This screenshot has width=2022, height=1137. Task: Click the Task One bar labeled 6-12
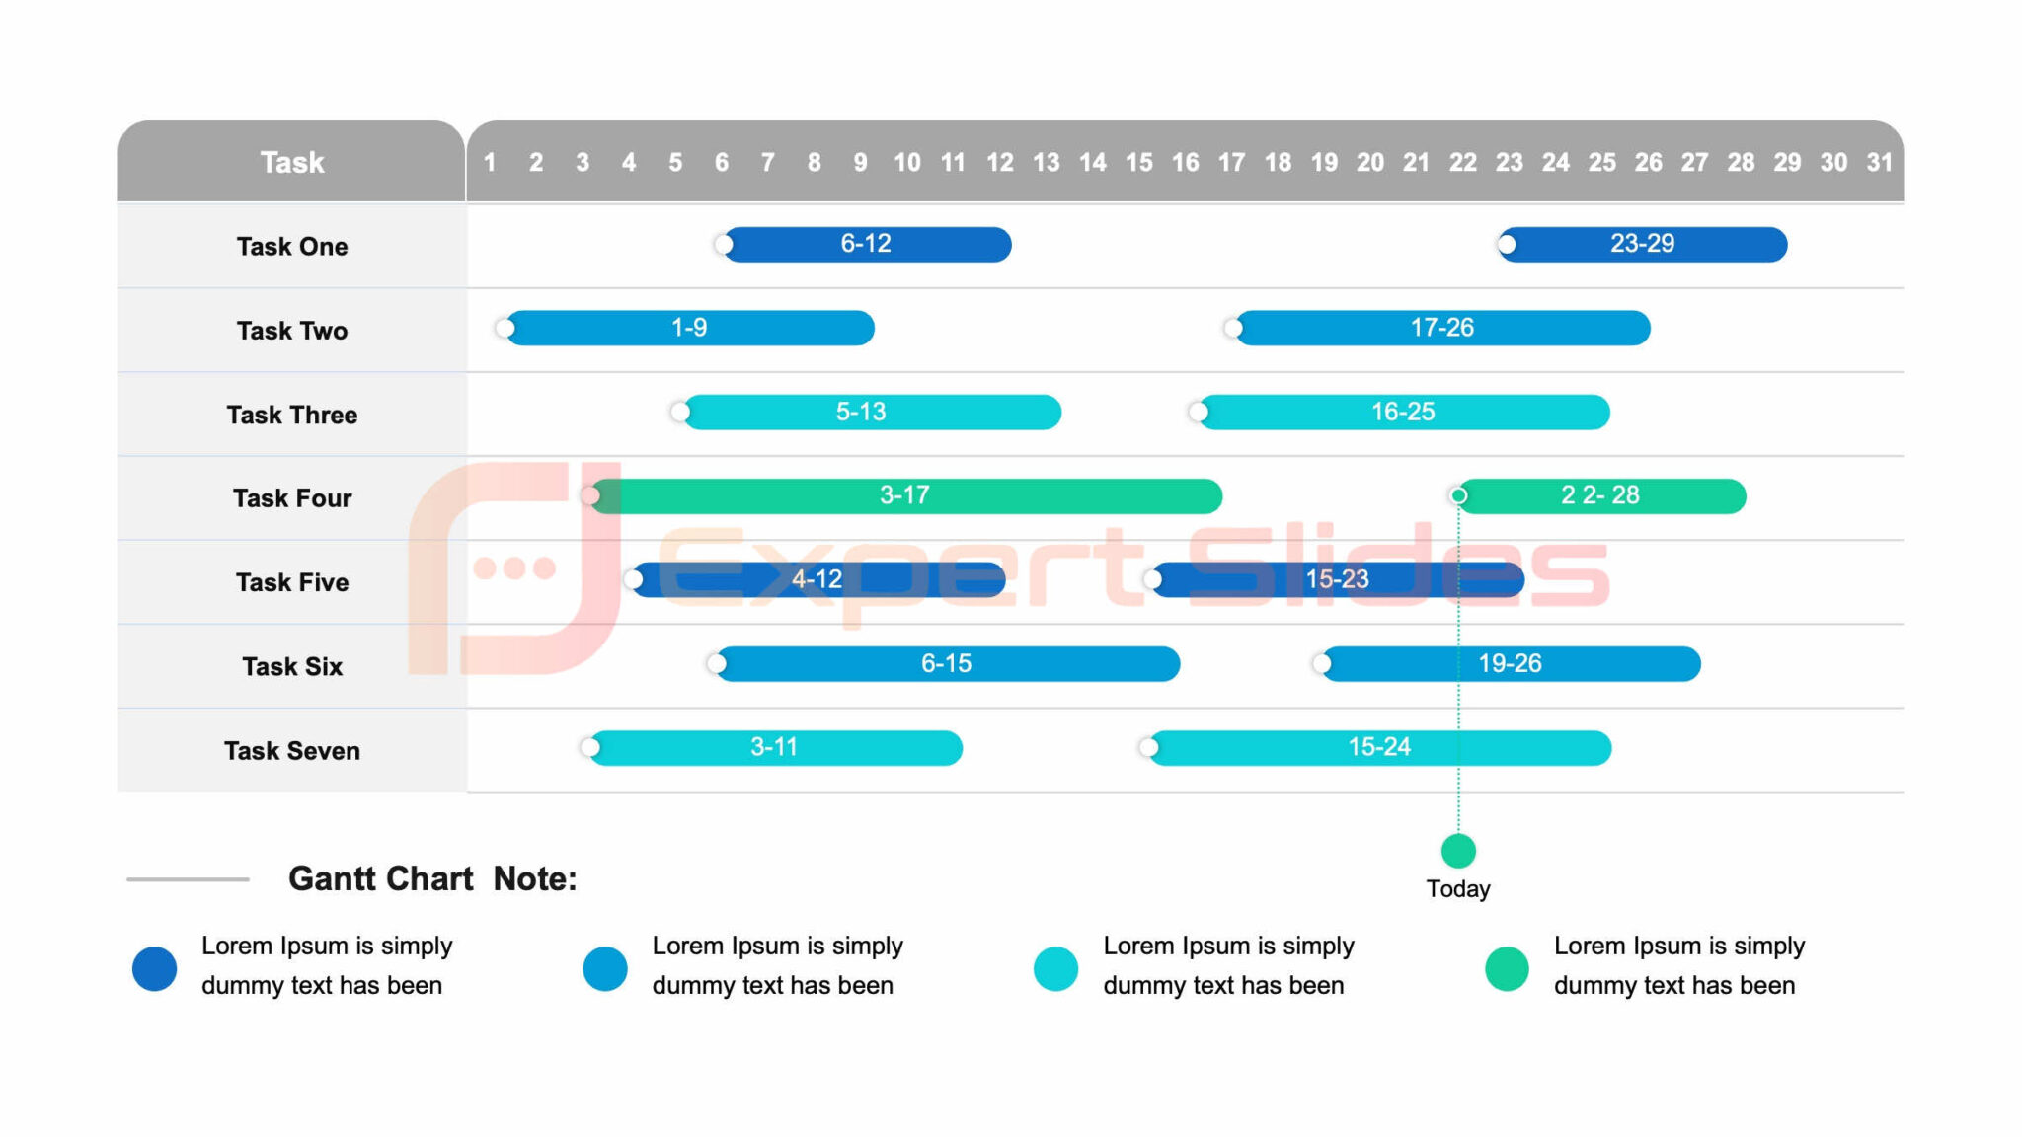(866, 244)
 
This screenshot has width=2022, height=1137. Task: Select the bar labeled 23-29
(1642, 244)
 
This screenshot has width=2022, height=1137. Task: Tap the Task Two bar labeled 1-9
(689, 328)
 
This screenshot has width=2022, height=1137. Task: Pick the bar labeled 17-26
(1441, 328)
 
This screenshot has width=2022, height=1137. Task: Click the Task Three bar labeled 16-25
(1402, 412)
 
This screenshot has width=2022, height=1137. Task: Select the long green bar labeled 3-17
(904, 495)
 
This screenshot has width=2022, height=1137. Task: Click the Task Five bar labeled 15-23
(1337, 579)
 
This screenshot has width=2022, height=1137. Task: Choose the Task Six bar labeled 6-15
(946, 663)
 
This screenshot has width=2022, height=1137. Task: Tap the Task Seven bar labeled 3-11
(774, 747)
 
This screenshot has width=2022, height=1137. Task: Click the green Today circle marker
(1458, 850)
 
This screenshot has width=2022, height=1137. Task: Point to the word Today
(1458, 888)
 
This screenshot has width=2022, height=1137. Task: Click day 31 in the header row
(1879, 162)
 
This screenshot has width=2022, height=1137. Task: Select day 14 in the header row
(1092, 162)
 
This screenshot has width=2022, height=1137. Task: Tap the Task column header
(291, 162)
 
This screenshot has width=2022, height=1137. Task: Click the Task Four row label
(291, 498)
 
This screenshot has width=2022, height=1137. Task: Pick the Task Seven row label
(291, 751)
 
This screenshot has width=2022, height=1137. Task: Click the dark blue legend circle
(155, 968)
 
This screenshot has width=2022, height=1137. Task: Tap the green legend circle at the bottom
(1507, 968)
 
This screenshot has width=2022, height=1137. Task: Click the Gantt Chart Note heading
(432, 878)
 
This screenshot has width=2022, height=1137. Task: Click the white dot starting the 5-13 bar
(679, 412)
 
